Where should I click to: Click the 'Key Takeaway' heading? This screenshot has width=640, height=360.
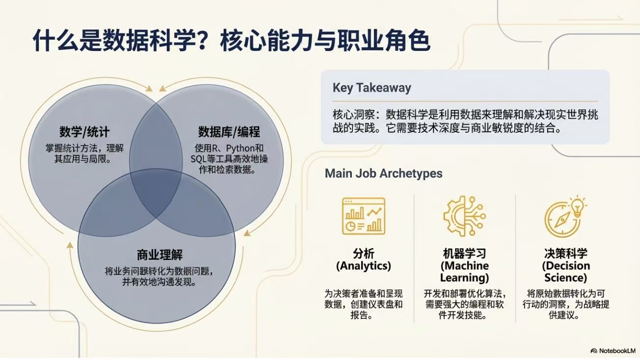[372, 88]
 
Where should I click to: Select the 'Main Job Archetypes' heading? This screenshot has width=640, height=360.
[383, 173]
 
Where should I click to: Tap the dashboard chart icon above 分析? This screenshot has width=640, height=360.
[363, 216]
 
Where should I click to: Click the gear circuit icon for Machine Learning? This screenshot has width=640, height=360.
[464, 216]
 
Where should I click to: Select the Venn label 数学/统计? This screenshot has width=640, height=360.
[84, 132]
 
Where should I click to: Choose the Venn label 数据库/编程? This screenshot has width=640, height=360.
[229, 132]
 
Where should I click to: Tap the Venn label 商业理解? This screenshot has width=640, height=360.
[160, 255]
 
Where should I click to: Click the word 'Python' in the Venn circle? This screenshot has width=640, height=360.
[240, 148]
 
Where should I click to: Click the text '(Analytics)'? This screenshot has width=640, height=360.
[363, 266]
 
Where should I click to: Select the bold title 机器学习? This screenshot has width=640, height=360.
[464, 254]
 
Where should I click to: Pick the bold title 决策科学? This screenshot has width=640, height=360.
[566, 254]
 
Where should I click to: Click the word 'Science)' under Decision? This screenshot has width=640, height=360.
[566, 278]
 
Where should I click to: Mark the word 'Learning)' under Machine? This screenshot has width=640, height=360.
[464, 278]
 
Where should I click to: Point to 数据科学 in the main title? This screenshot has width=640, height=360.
[148, 41]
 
